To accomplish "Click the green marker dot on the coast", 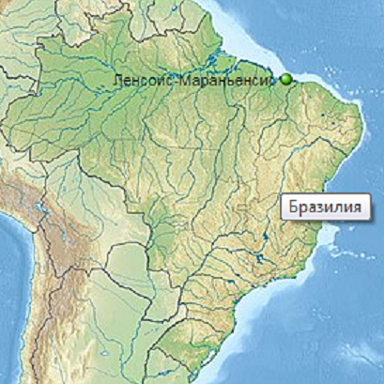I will (286, 81).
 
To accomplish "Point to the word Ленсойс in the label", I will (136, 81).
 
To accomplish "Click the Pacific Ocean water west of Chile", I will (19, 310).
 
